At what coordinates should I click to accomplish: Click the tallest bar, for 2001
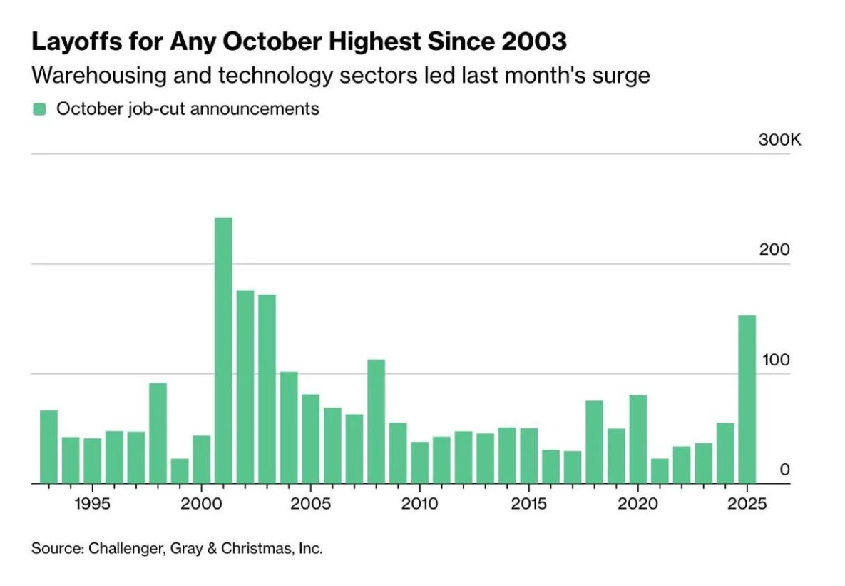coord(223,350)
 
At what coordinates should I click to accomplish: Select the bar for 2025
coord(747,399)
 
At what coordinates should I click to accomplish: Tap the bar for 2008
coord(376,421)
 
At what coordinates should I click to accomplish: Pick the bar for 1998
coord(158,433)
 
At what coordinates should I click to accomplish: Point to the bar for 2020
coord(637,439)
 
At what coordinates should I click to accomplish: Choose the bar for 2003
coord(267,389)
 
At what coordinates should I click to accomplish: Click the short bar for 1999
coord(180,471)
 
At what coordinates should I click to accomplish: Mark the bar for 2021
coord(660,471)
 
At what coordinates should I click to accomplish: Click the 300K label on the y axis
coord(779,140)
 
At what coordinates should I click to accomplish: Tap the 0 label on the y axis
coord(785,470)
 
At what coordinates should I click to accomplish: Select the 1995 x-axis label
coord(92,504)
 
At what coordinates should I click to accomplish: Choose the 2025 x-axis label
coord(747,504)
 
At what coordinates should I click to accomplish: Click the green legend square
coord(39,109)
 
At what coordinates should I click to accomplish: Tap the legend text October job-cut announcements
coord(188,109)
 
